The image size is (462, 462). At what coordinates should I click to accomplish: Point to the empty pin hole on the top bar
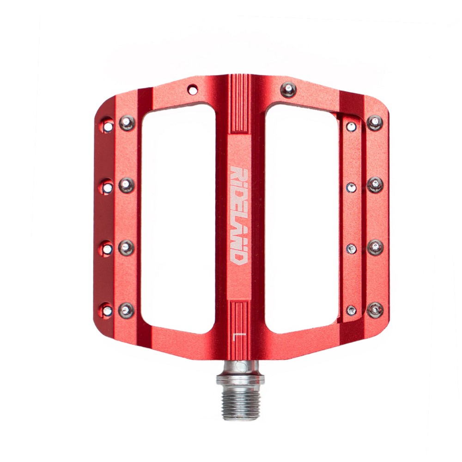[192, 87]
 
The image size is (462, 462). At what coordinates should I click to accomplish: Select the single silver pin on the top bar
[288, 89]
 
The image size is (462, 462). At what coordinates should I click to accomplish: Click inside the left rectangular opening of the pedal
[178, 217]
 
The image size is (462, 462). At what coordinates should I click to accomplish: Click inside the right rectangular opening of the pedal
[302, 217]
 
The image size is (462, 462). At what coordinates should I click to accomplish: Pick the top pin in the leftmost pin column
[108, 126]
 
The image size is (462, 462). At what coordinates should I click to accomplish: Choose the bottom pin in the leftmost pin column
[107, 310]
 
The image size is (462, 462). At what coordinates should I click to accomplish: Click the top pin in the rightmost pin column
[375, 123]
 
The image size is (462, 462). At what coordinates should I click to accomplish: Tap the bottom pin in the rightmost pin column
[375, 310]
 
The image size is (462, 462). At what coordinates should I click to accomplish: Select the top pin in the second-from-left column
[127, 123]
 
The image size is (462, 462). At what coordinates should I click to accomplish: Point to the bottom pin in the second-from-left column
[126, 310]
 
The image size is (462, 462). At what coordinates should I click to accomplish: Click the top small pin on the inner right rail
[352, 127]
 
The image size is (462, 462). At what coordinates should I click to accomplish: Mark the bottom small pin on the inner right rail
[352, 310]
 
